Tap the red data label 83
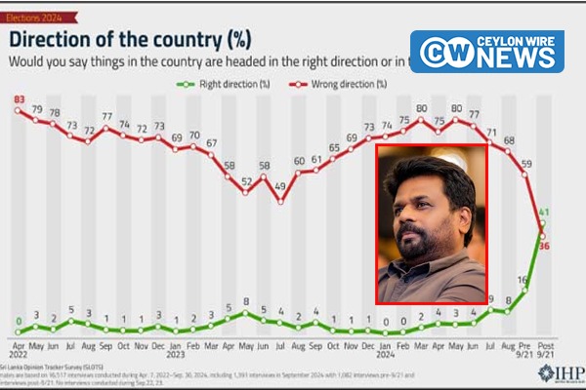19,97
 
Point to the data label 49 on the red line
279,186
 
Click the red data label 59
525,164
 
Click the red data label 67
211,144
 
